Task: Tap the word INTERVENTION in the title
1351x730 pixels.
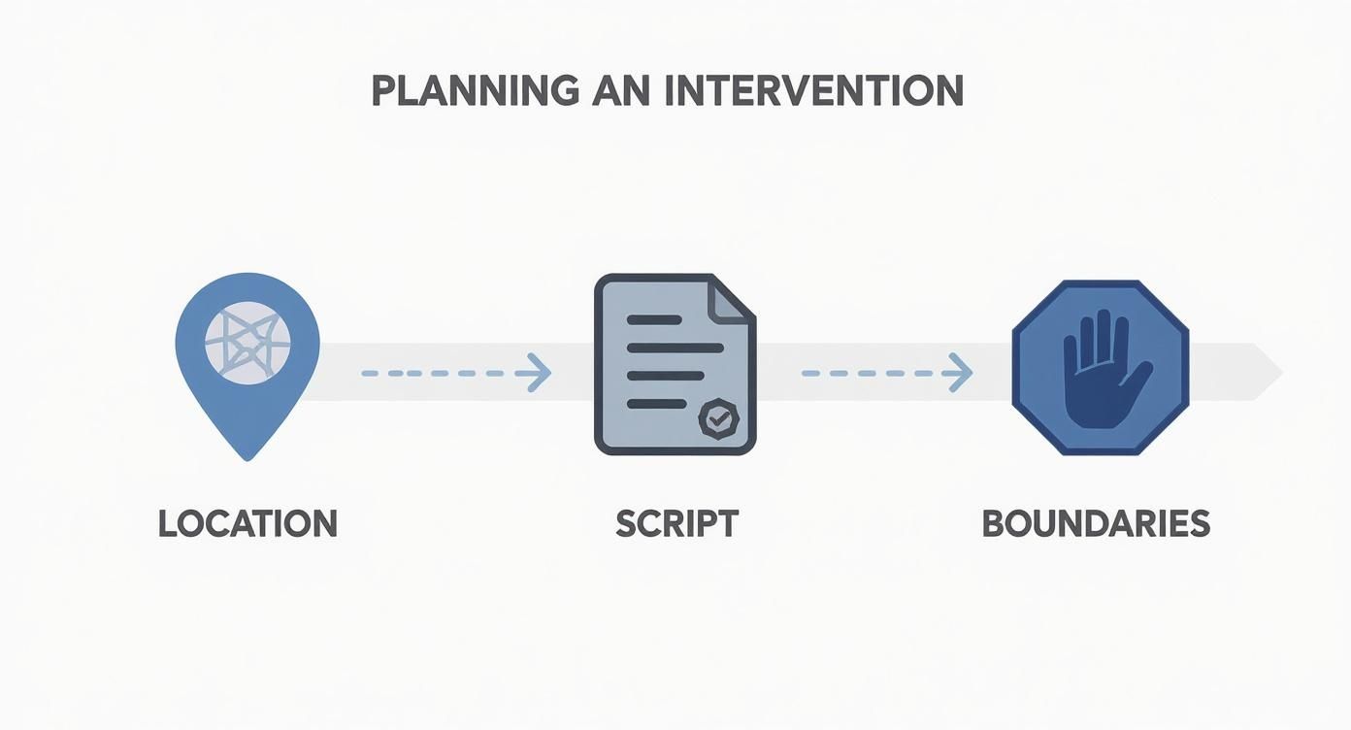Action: [814, 91]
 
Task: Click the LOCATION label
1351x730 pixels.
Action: [247, 524]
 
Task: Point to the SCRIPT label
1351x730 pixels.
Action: [676, 524]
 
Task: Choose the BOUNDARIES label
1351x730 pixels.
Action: [1096, 524]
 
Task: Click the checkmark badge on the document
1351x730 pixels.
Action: [718, 418]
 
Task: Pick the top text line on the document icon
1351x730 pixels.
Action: [654, 319]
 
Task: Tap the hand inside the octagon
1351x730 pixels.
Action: [1104, 373]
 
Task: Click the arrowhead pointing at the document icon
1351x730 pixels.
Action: [540, 373]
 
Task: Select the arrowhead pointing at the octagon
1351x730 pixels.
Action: [961, 373]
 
